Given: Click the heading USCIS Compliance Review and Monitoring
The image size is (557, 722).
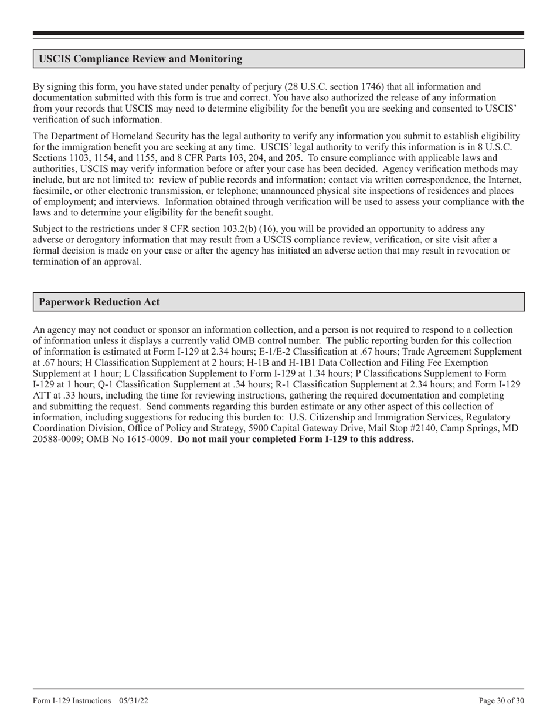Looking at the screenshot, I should (140, 59).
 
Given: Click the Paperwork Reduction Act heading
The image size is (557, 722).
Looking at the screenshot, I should (99, 302).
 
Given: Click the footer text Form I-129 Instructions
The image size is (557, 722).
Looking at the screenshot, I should (72, 701).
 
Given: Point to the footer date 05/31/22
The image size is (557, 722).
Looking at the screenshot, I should (133, 701).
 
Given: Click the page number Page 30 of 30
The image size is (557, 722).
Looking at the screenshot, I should (501, 701).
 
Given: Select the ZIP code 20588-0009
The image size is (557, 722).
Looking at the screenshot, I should (56, 439).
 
